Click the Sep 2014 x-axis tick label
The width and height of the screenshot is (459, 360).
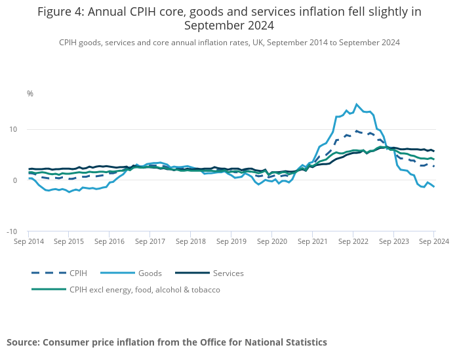pyautogui.click(x=28, y=242)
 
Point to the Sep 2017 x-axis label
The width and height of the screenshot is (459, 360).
pyautogui.click(x=150, y=242)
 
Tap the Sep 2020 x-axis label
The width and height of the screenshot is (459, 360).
pyautogui.click(x=271, y=242)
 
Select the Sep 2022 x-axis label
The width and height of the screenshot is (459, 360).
pyautogui.click(x=353, y=242)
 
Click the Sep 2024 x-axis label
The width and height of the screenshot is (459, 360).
pyautogui.click(x=433, y=242)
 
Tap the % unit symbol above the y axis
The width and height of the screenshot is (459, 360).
pyautogui.click(x=30, y=94)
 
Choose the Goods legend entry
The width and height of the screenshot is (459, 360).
pyautogui.click(x=150, y=273)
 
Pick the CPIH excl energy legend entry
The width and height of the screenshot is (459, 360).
pyautogui.click(x=144, y=289)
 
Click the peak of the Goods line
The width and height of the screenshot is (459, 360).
pyautogui.click(x=357, y=104)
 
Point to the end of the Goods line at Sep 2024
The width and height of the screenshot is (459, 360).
pyautogui.click(x=433, y=187)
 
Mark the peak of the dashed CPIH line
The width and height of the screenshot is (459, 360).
pyautogui.click(x=357, y=130)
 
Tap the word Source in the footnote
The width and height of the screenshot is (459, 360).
pyautogui.click(x=24, y=342)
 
